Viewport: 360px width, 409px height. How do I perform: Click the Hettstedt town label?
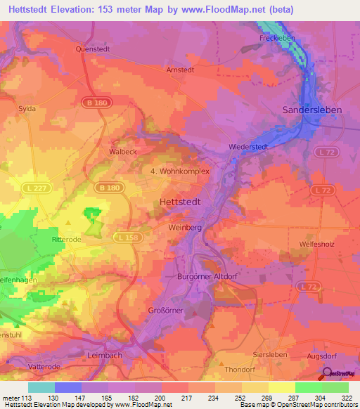click(x=180, y=201)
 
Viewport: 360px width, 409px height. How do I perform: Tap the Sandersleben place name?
click(x=311, y=110)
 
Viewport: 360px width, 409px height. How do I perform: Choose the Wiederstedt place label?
click(x=249, y=146)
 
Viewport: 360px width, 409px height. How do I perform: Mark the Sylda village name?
click(x=27, y=109)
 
